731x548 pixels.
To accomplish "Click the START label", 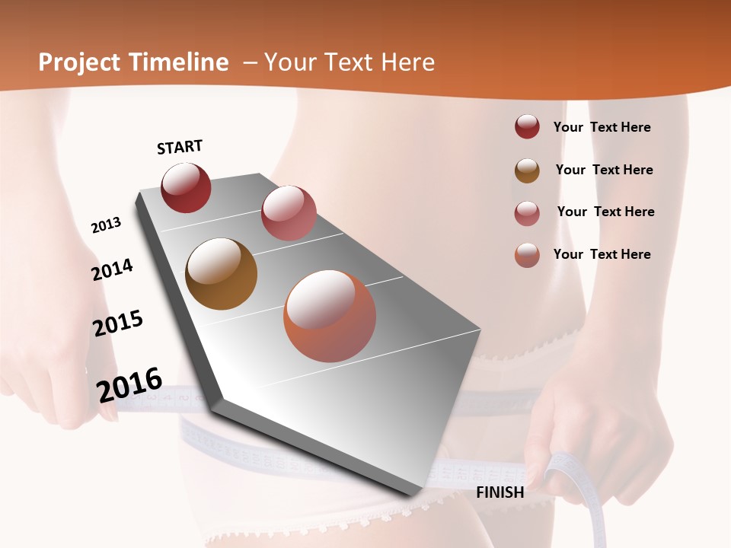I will pyautogui.click(x=180, y=147).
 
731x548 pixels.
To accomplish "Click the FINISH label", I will pyautogui.click(x=500, y=492).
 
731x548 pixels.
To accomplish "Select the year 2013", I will pyautogui.click(x=106, y=225).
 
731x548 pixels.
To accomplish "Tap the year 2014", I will pyautogui.click(x=113, y=269).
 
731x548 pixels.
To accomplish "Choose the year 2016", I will pyautogui.click(x=129, y=385).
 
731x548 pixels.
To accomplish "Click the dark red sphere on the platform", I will pyautogui.click(x=186, y=188).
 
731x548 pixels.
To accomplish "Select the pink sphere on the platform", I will pyautogui.click(x=289, y=213).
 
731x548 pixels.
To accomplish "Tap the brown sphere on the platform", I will pyautogui.click(x=221, y=274).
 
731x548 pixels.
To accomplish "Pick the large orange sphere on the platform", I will pyautogui.click(x=330, y=316).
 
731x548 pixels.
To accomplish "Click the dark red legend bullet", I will pyautogui.click(x=527, y=126).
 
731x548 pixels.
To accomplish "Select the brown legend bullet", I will pyautogui.click(x=527, y=170).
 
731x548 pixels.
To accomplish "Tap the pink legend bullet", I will pyautogui.click(x=527, y=212).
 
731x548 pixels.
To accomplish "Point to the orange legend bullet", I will pyautogui.click(x=527, y=255).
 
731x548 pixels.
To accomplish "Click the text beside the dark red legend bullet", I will pyautogui.click(x=602, y=127).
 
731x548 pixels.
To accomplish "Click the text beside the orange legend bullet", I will pyautogui.click(x=602, y=254).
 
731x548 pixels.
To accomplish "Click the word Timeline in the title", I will pyautogui.click(x=179, y=62).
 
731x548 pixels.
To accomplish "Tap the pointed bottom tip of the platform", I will pyautogui.click(x=411, y=495).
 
